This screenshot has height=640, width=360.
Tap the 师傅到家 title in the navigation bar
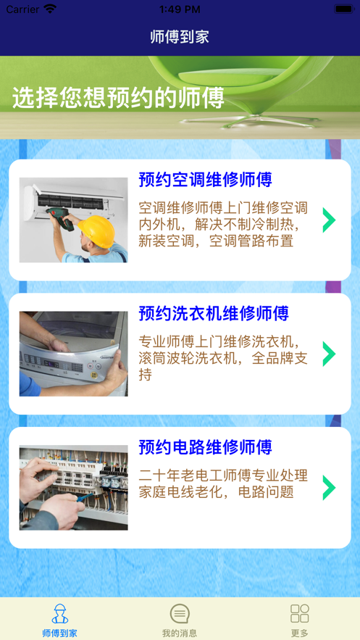tap(180, 37)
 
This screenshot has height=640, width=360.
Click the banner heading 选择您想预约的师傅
tap(118, 98)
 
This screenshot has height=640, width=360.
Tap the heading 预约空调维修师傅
tap(205, 180)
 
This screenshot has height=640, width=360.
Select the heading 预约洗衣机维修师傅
tap(214, 313)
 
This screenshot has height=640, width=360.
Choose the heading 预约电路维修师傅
tap(205, 447)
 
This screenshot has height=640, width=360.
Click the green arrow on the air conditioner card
tap(329, 220)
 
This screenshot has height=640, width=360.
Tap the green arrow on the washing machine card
tap(329, 354)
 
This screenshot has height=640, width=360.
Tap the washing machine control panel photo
tap(73, 354)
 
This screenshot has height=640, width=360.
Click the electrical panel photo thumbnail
tap(73, 487)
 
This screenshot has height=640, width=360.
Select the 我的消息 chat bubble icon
tap(180, 614)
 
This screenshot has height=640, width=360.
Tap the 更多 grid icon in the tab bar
tap(299, 614)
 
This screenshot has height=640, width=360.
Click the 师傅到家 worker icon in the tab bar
tap(60, 614)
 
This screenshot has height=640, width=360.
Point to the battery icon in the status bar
tap(343, 9)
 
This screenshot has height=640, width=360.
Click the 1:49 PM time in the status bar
tap(180, 9)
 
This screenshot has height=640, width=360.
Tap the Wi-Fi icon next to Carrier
tap(50, 9)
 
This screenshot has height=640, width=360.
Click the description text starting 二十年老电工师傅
tap(223, 483)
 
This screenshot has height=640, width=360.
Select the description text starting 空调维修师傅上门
tap(223, 224)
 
